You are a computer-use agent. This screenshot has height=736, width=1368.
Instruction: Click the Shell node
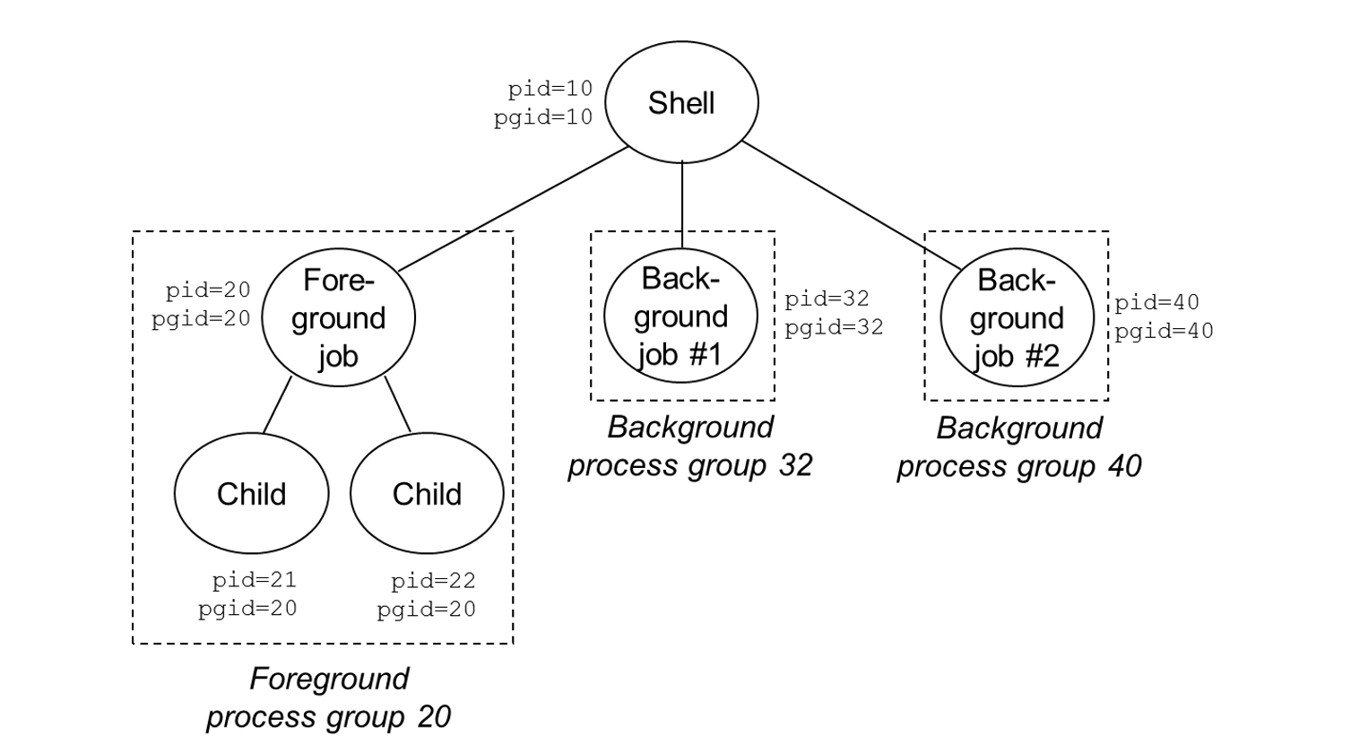point(681,102)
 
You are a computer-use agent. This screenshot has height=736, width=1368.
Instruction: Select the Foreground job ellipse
point(338,317)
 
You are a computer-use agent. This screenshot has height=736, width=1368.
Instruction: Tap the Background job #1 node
point(680,316)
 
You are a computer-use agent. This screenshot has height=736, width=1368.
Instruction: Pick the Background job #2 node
point(1017,317)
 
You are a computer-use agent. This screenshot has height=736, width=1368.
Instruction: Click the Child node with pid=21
point(251,493)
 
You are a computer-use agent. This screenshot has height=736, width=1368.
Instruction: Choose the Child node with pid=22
point(427,493)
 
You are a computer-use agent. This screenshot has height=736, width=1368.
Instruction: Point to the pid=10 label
point(550,89)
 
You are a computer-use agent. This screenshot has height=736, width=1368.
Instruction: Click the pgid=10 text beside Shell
point(542,117)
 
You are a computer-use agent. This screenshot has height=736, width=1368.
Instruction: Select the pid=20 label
point(207,290)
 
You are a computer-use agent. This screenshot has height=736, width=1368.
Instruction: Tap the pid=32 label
point(827,299)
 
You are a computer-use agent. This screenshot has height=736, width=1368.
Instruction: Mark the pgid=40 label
point(1164,331)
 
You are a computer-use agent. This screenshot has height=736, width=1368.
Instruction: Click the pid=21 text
point(254,580)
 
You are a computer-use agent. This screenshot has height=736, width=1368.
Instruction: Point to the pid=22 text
point(432,581)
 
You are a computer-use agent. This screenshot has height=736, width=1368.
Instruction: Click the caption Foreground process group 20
point(328,697)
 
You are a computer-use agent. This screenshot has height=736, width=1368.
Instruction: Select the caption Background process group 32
point(689,446)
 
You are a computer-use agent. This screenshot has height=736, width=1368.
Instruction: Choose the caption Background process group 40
point(1018,446)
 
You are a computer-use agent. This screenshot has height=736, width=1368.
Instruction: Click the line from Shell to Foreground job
point(514,209)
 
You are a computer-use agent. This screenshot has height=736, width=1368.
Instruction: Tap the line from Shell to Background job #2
point(852,205)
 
